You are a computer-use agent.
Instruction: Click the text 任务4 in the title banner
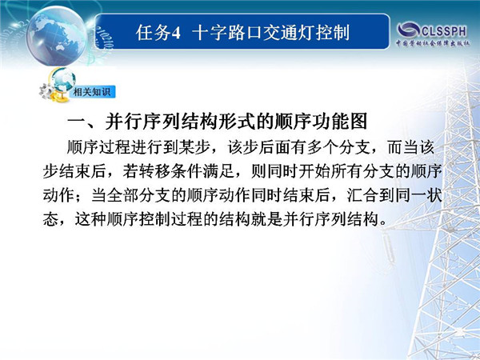[x=158, y=33]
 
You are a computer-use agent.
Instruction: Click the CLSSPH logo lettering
[x=444, y=31]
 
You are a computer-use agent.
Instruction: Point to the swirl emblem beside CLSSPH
[x=409, y=30]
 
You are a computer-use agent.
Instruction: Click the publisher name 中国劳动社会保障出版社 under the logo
[x=433, y=43]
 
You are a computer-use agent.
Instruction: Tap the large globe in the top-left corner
[x=57, y=36]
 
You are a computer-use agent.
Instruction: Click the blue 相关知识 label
[x=92, y=91]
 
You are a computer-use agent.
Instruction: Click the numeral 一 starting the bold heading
[x=76, y=122]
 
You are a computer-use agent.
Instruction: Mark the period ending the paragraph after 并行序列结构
[x=382, y=223]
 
